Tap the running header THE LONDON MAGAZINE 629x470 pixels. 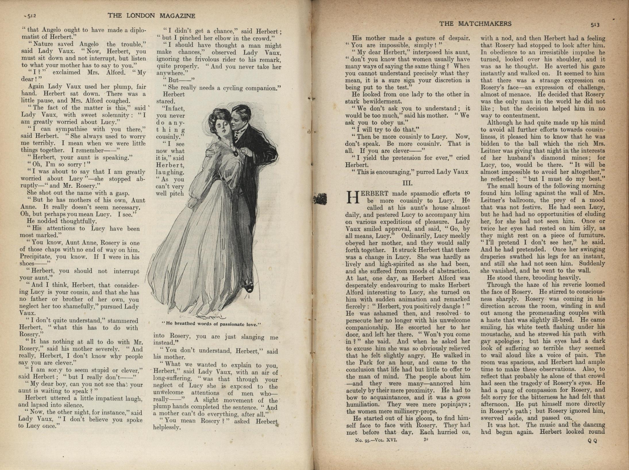click(151, 16)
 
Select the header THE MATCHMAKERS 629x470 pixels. click(475, 24)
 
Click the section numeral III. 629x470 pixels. click(407, 183)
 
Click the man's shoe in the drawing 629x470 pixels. click(249, 287)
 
